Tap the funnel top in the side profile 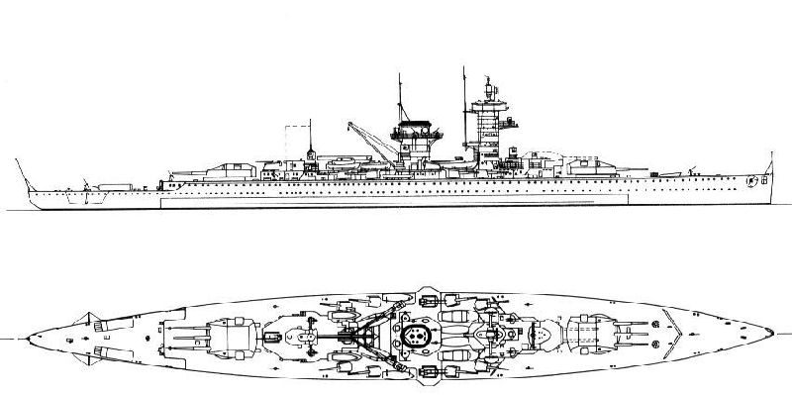(x=417, y=127)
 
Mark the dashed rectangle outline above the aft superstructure (x=296, y=139)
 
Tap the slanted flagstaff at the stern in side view (x=22, y=169)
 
